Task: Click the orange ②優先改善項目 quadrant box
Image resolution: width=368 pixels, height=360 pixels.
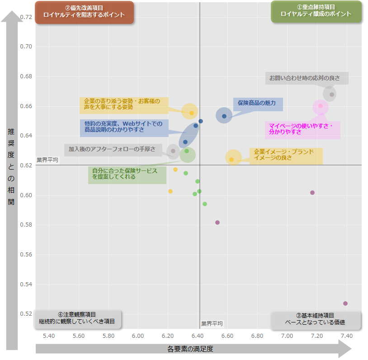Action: click(84, 12)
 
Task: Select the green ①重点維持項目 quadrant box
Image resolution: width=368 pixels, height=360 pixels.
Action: click(316, 11)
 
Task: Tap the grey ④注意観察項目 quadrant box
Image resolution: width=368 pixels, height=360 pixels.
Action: click(77, 319)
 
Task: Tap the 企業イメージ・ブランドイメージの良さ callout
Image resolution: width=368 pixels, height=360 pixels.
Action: click(286, 155)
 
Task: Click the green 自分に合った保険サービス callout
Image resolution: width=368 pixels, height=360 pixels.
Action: click(127, 174)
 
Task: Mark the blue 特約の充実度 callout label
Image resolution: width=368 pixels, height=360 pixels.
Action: click(124, 127)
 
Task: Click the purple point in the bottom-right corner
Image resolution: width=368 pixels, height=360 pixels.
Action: click(345, 303)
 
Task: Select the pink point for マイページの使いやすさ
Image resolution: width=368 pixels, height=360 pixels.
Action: click(321, 106)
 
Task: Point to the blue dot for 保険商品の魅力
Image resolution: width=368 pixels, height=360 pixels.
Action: click(224, 116)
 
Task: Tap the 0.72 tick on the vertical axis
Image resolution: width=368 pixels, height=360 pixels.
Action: click(26, 17)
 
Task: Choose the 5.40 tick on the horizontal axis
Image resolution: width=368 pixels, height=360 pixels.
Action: click(49, 336)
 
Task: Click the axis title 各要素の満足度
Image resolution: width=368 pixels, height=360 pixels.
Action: click(190, 349)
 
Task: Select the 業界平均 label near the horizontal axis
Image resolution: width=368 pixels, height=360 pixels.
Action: click(212, 324)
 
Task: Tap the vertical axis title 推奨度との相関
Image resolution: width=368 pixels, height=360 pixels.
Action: click(11, 167)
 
